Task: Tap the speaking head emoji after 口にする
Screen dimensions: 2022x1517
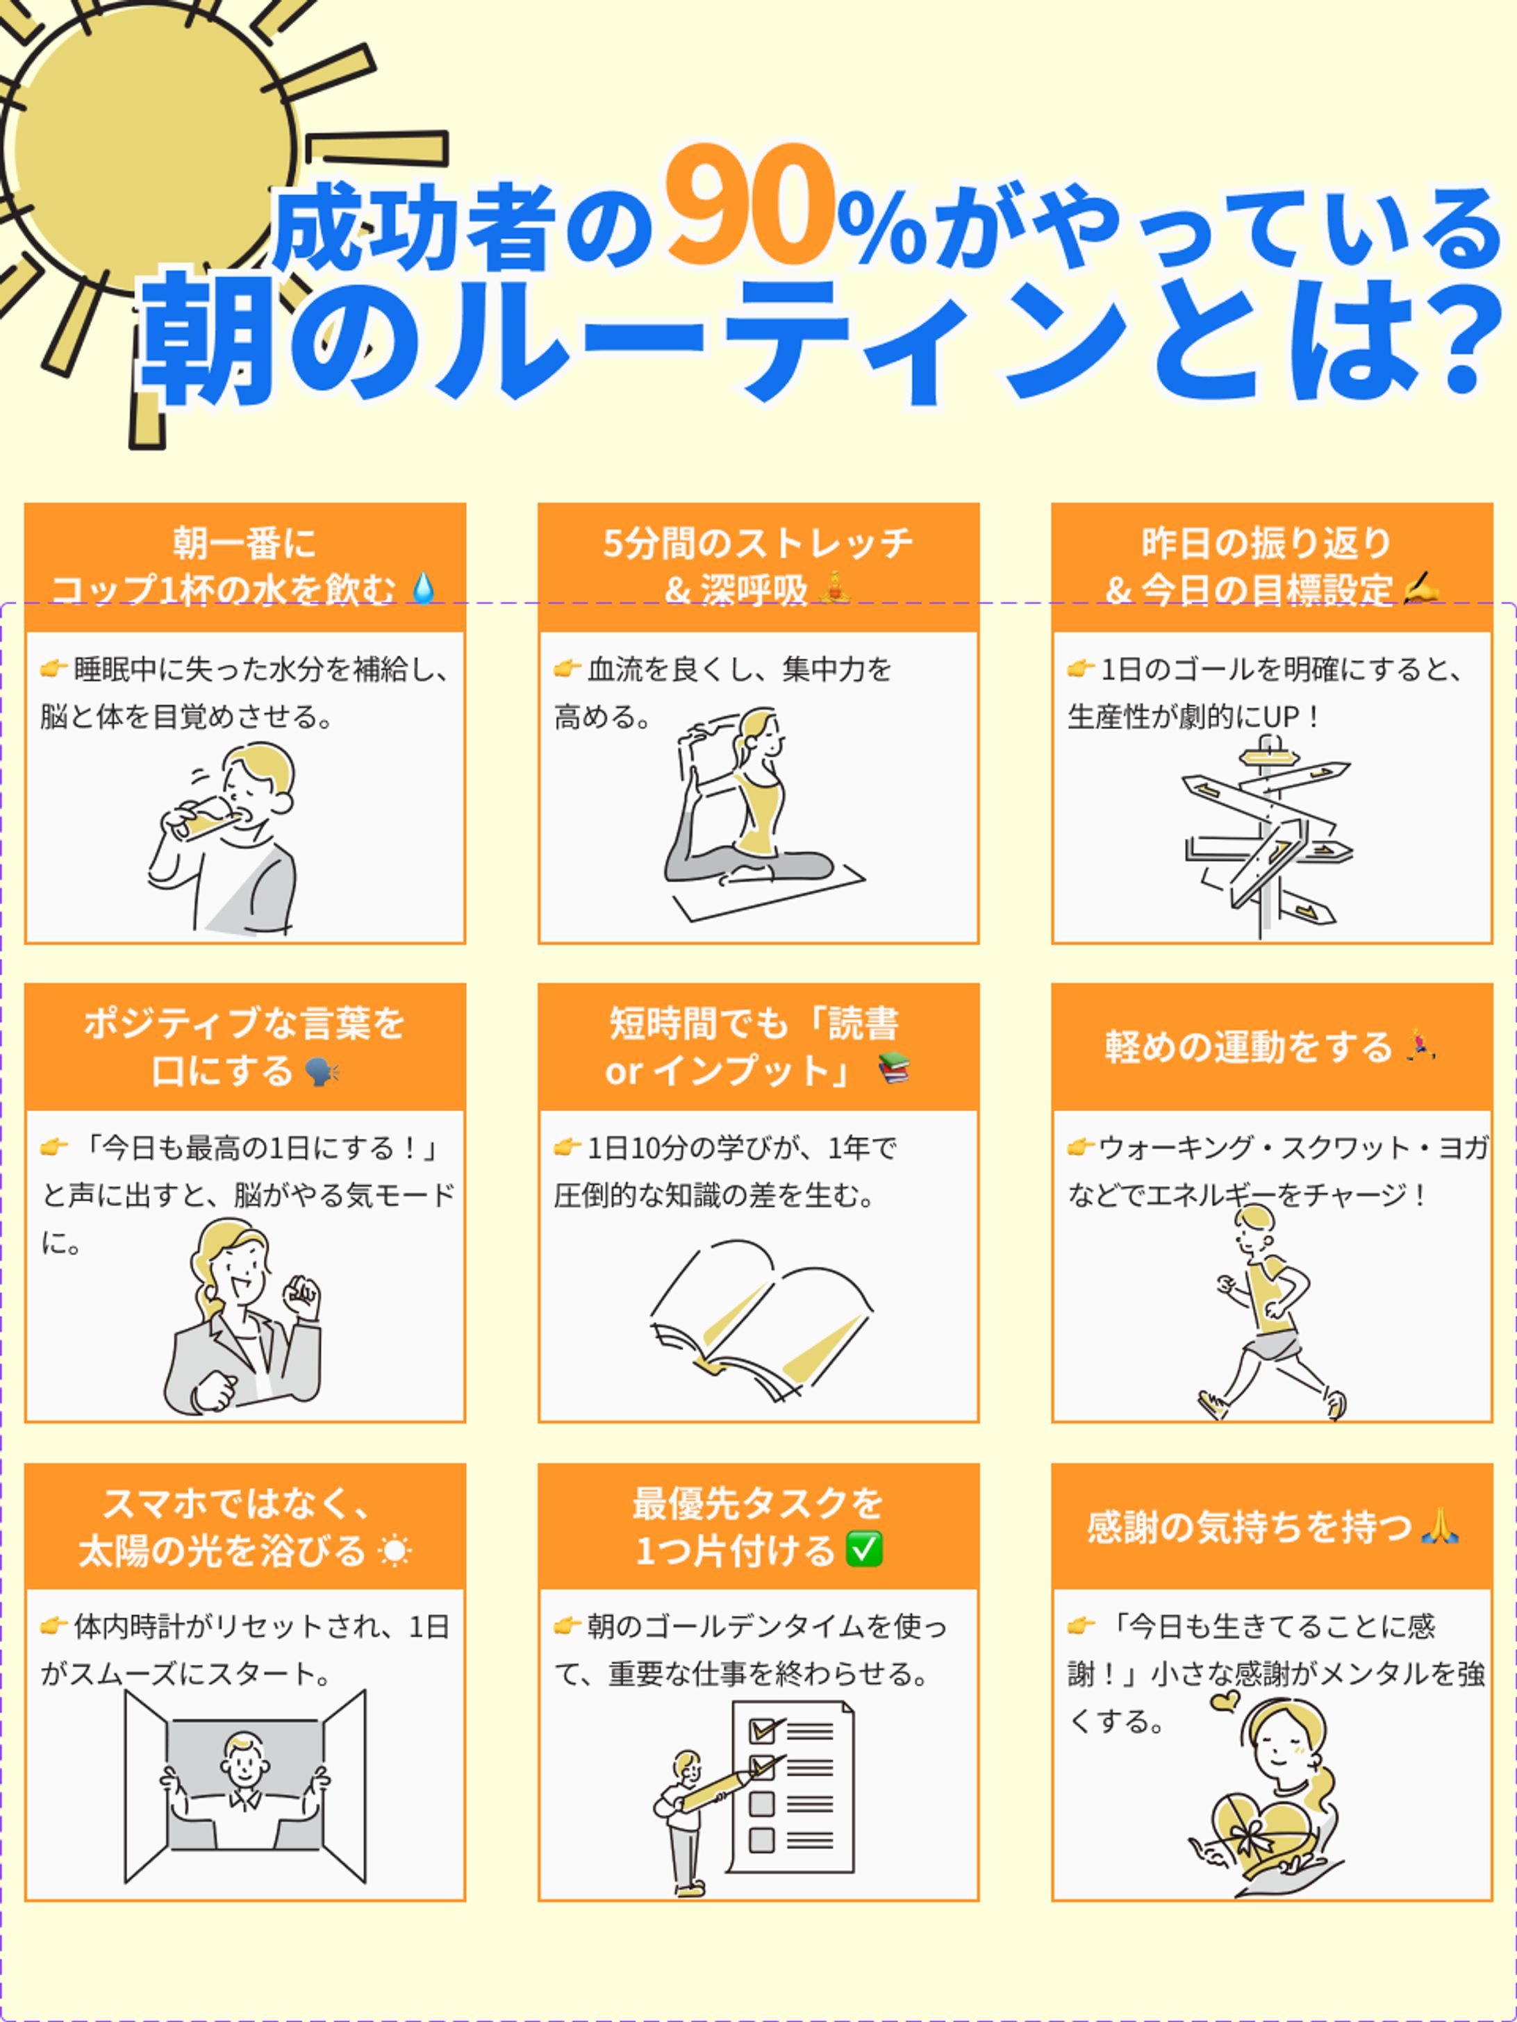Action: point(322,1071)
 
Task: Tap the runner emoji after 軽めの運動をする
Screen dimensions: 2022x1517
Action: point(1419,1045)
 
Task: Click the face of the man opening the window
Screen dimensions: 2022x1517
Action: point(245,1760)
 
